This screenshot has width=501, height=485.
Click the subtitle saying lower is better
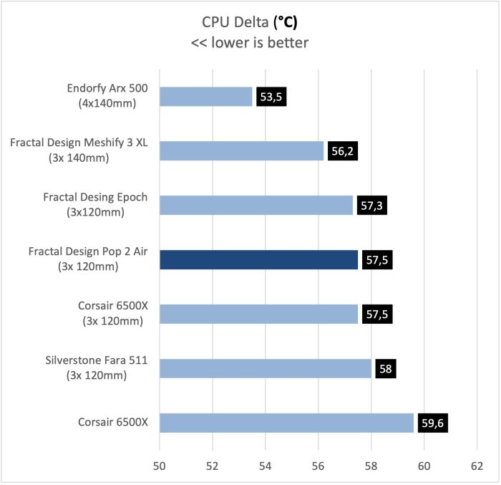pos(250,42)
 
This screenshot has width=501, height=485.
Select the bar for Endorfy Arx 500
pos(206,97)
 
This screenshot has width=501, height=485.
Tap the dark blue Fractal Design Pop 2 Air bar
pos(258,260)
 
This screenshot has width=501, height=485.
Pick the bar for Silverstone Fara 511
pos(266,369)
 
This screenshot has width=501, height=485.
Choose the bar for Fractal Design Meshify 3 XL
pos(241,151)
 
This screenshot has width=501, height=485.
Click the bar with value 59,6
pos(286,423)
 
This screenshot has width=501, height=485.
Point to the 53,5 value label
pos(271,97)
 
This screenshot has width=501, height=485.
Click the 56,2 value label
pos(342,151)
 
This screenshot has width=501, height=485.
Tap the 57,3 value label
pos(371,206)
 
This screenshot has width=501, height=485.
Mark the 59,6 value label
pos(437,423)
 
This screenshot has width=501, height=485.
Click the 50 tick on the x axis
pos(159,466)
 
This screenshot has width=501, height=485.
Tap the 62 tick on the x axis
pos(477,466)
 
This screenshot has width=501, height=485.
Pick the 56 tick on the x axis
pos(318,466)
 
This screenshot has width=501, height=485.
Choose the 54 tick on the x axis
pos(265,466)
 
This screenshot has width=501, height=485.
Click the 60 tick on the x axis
pos(424,466)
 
